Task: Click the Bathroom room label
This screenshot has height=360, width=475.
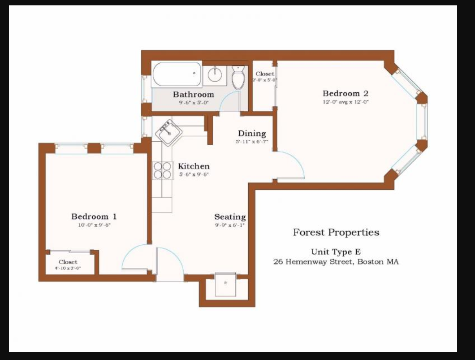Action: point(193,95)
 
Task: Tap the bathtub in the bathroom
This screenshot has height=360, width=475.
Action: point(177,74)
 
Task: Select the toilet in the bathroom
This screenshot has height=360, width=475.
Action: point(238,78)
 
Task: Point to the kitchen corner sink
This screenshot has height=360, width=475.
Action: point(168,132)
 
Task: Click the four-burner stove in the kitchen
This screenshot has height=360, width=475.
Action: point(163,170)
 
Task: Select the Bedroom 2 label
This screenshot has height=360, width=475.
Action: point(345,94)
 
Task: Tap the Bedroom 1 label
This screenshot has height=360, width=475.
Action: point(94,217)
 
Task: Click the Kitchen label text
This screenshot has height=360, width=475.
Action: point(194,166)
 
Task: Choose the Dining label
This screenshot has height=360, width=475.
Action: point(251,134)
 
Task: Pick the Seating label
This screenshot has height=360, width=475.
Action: point(230,217)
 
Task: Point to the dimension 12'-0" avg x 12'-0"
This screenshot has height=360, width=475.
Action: point(345,102)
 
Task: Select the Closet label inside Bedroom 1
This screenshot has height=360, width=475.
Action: point(68,262)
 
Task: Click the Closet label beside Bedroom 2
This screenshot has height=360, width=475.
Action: point(265,74)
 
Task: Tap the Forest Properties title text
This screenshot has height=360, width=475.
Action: point(336,232)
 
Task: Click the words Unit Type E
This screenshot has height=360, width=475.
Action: point(336,252)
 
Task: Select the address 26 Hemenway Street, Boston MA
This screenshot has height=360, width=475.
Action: point(336,262)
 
